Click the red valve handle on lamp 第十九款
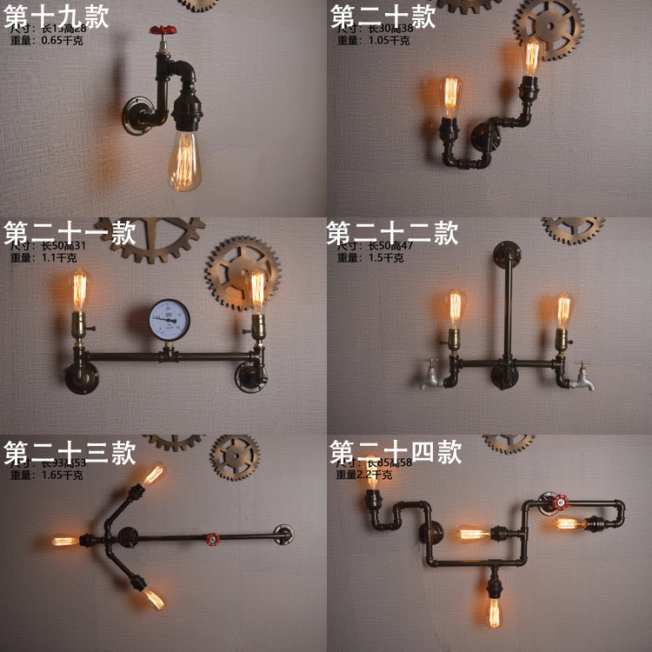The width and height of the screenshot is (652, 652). click(162, 31)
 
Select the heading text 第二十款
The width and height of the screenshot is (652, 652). click(383, 17)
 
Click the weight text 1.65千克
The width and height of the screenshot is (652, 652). click(62, 475)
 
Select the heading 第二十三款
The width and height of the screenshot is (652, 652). click(70, 452)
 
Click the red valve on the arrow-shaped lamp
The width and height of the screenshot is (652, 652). click(210, 539)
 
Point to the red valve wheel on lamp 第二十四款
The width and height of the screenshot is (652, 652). click(553, 502)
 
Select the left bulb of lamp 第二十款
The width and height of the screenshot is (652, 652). click(450, 96)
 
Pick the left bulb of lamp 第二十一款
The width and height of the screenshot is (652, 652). click(80, 290)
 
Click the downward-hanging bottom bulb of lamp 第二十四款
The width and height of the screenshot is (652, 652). click(494, 609)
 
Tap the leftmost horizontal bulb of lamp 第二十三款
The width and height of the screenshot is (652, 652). click(63, 541)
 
